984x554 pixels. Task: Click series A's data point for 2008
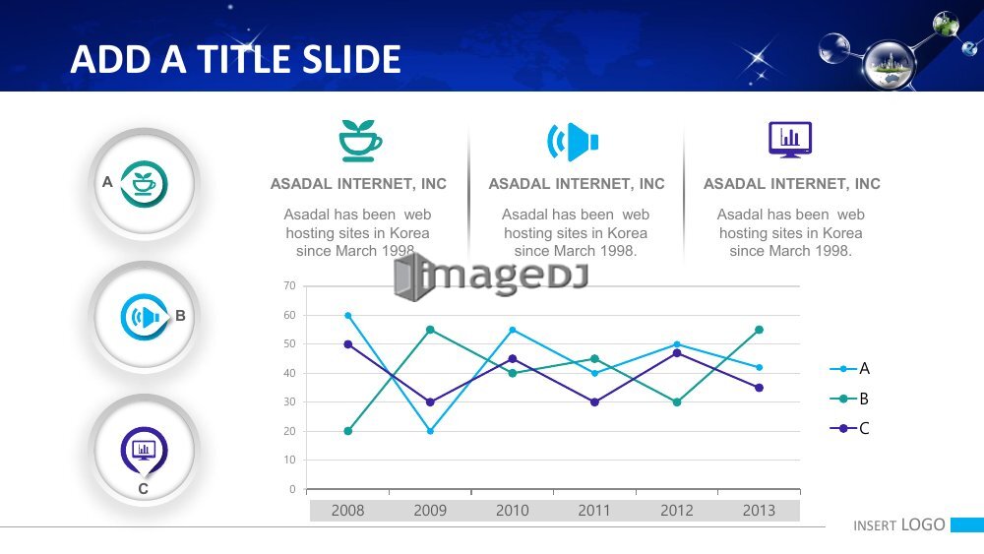click(x=348, y=316)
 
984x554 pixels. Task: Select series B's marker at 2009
click(x=431, y=330)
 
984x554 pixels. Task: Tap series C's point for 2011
click(x=595, y=402)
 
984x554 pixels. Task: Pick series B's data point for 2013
click(x=760, y=330)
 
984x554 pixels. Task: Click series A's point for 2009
click(x=431, y=431)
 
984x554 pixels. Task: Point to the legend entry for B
click(x=849, y=399)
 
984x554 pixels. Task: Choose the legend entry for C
click(x=849, y=428)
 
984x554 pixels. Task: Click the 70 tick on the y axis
click(x=289, y=285)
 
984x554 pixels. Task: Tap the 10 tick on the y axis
click(x=289, y=460)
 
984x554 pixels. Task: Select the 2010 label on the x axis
click(x=513, y=511)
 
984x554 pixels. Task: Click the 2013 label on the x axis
click(x=760, y=511)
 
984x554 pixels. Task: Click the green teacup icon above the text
click(x=359, y=141)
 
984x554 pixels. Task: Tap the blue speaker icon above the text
click(x=573, y=142)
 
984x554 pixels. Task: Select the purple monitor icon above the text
click(x=790, y=140)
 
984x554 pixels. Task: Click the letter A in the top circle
click(x=107, y=182)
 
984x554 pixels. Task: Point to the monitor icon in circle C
click(x=145, y=450)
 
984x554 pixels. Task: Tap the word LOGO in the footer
click(x=923, y=525)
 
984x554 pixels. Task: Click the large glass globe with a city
click(x=890, y=64)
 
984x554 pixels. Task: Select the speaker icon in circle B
click(x=145, y=318)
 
